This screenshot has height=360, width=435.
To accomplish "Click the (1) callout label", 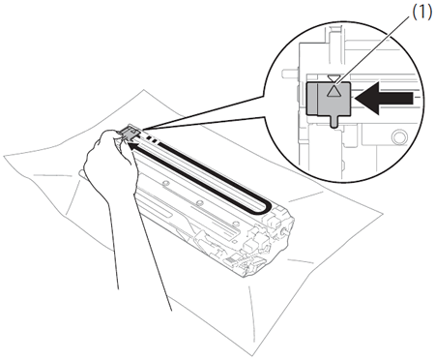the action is (x=421, y=13).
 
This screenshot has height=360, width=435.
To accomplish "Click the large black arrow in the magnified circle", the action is (x=384, y=99).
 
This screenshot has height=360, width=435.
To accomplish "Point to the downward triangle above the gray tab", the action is (x=333, y=78).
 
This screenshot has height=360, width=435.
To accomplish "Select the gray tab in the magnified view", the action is (x=328, y=100).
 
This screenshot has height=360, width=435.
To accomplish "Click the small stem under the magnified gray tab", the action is (x=334, y=121).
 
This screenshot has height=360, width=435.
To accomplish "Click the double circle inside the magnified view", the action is (x=399, y=136).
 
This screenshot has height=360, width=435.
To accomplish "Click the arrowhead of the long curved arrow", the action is (x=131, y=147).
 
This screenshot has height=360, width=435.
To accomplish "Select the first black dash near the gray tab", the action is (x=149, y=137).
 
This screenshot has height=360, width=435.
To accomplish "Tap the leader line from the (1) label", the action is (x=369, y=48).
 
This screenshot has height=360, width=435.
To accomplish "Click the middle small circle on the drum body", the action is (x=200, y=203).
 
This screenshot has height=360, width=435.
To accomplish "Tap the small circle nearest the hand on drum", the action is (x=165, y=183).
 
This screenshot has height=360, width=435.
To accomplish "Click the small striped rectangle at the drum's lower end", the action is (x=230, y=259).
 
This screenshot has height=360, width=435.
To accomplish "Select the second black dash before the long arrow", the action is (x=155, y=141).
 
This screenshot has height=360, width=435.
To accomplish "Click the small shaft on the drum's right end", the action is (x=284, y=231).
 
